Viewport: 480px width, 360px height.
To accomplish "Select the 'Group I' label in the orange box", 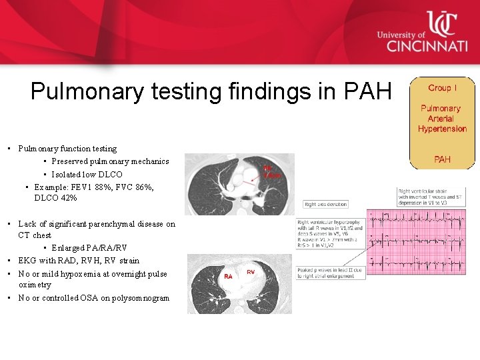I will (443, 87).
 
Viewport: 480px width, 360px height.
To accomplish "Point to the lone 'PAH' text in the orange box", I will (442, 159).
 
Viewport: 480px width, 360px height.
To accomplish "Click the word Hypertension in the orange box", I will (442, 129).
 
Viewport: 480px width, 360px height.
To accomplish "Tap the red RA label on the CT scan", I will (228, 275).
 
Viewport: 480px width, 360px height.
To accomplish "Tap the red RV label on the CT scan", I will (251, 272).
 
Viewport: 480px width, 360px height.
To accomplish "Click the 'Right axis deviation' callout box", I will (326, 204).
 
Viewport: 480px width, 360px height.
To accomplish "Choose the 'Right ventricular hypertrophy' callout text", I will (331, 236).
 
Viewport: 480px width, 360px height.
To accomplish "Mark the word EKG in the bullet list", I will (27, 261).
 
